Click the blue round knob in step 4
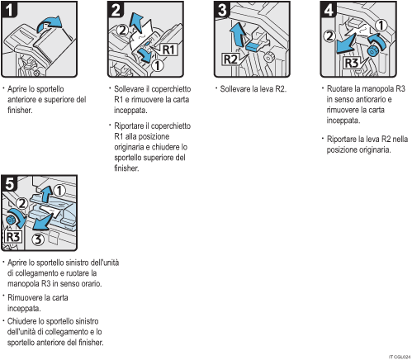point(372,51)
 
